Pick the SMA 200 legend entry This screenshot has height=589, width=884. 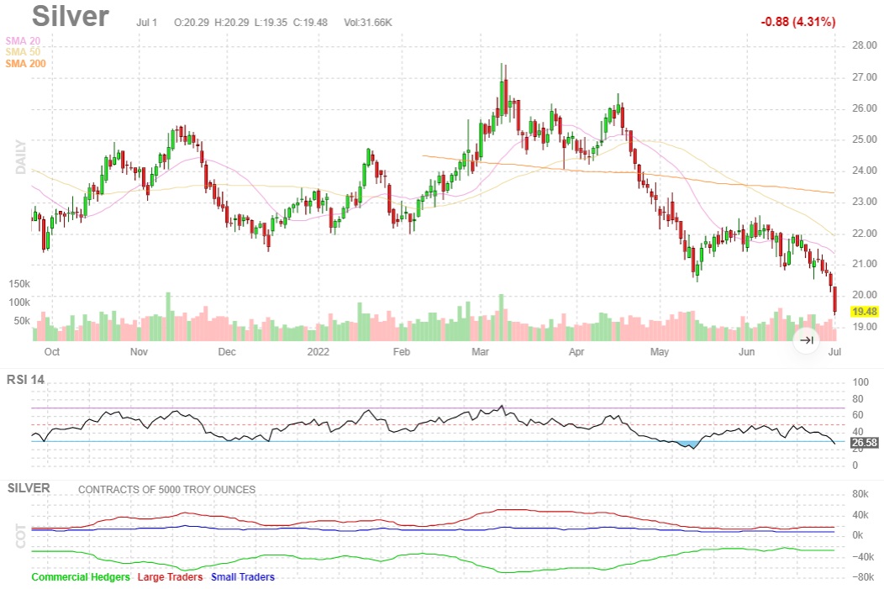click(25, 64)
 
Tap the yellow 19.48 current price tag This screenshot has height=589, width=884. click(865, 311)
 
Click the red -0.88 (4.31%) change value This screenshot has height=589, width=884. click(797, 22)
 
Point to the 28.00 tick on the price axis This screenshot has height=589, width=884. click(865, 45)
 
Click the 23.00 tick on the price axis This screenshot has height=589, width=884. click(865, 202)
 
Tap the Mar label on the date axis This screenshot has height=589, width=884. click(481, 352)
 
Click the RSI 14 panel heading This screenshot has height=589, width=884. click(25, 380)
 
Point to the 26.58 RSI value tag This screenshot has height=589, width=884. click(865, 442)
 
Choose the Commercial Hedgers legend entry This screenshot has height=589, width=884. click(81, 577)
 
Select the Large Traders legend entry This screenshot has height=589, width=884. click(171, 577)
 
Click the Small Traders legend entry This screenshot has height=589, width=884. click(243, 577)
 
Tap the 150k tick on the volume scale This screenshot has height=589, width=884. click(18, 284)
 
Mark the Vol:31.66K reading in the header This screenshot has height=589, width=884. click(368, 22)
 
